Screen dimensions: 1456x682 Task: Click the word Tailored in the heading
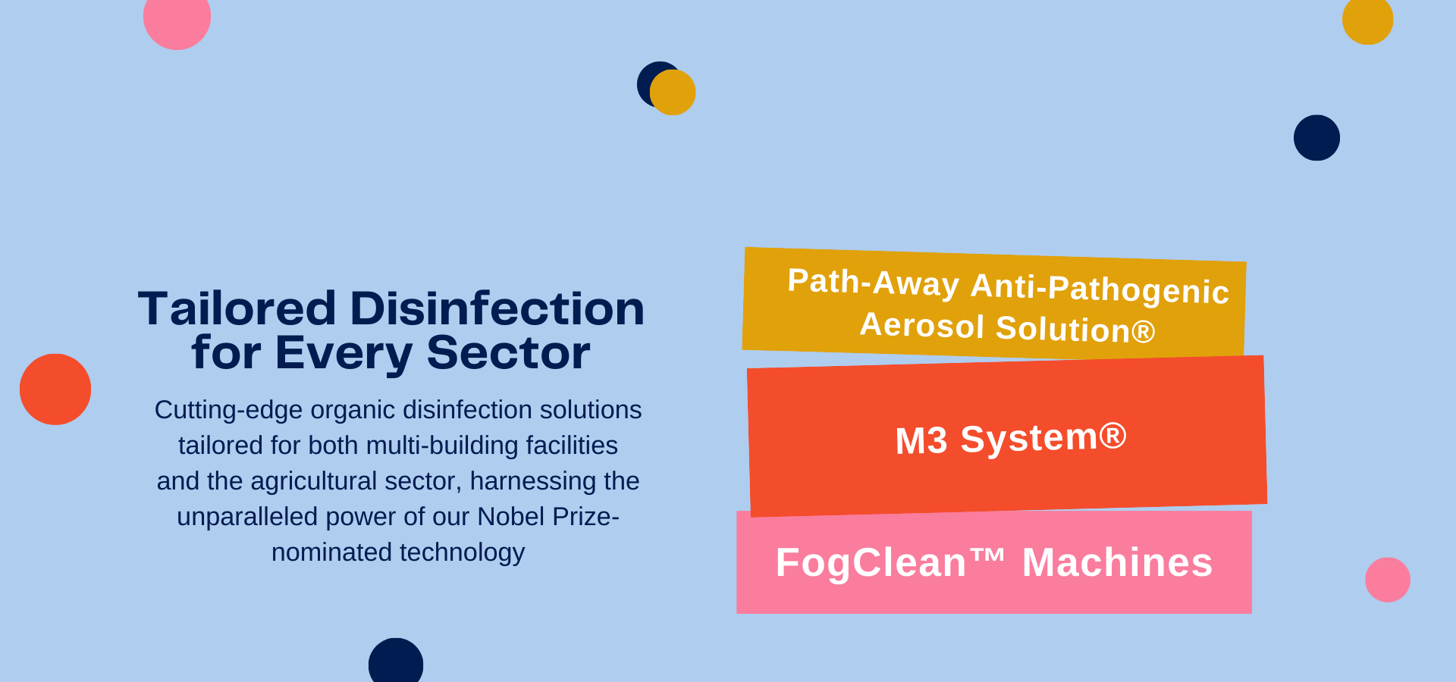[x=237, y=308]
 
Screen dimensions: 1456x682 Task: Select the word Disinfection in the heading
[x=497, y=308]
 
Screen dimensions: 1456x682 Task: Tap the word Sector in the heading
[x=508, y=352]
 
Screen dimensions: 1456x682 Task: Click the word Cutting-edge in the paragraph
[x=228, y=410]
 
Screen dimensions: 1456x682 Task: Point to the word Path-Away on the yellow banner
[x=874, y=282]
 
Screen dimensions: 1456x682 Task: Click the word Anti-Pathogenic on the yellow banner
[x=1100, y=289]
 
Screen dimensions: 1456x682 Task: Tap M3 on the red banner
[x=921, y=441]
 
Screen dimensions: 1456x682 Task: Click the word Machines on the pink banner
[x=1118, y=562]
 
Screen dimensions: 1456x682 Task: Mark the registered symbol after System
[x=1112, y=436]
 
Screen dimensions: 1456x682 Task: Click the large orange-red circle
[x=55, y=389]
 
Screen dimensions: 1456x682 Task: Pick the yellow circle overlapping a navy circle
[x=673, y=92]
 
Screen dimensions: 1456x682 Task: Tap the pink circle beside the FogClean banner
[x=1388, y=580]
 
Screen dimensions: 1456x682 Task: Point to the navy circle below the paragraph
[x=396, y=661]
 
